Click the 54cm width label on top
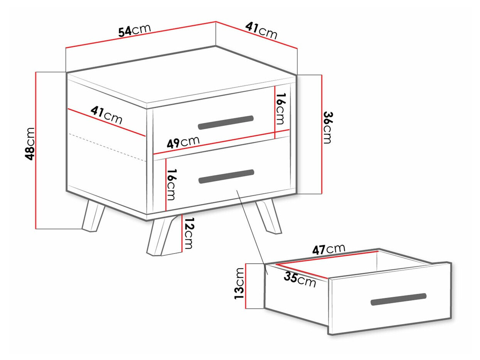[x=135, y=30]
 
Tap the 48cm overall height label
[x=30, y=144]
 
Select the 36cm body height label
[x=328, y=128]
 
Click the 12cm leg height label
[x=188, y=233]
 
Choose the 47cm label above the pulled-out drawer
[x=328, y=249]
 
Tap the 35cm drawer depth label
[x=300, y=279]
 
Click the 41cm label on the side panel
[x=106, y=115]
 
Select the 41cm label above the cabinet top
[x=261, y=30]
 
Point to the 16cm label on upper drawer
[x=281, y=109]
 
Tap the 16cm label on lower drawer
[x=171, y=184]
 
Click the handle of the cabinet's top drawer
[x=226, y=123]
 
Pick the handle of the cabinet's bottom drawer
[x=226, y=176]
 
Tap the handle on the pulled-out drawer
[x=398, y=299]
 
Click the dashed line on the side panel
[x=107, y=147]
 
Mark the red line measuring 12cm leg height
[x=182, y=233]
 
